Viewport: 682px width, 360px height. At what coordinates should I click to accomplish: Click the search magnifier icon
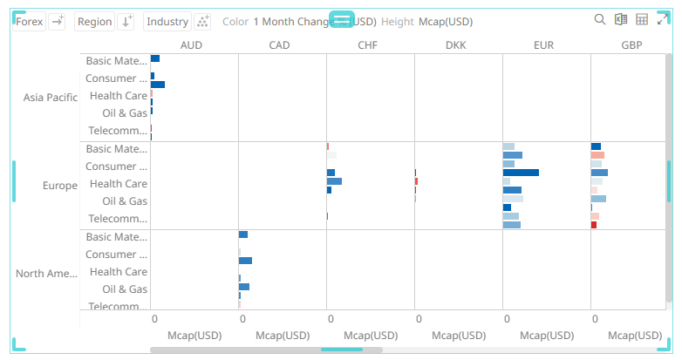pos(600,20)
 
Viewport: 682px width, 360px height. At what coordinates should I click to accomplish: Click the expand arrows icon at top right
pos(663,20)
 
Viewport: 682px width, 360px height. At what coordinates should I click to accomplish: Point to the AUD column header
pos(193,44)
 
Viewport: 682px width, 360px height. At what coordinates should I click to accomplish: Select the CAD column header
pos(280,44)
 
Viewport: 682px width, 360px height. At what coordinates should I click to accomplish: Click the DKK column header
pos(456,44)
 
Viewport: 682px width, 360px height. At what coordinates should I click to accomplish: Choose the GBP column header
pos(632,44)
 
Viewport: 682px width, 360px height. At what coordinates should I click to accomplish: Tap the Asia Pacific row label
pos(51,97)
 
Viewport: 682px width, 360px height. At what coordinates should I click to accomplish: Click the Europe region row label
pos(60,185)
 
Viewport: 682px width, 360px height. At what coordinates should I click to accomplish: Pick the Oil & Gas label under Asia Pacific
pos(125,113)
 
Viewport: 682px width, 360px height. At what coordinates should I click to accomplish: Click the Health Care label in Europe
pos(118,184)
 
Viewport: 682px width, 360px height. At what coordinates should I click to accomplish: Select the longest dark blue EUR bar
pos(521,173)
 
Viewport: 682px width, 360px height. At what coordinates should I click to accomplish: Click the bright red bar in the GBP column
pos(594,225)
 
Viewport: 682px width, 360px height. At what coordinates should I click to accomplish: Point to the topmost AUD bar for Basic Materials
pos(155,58)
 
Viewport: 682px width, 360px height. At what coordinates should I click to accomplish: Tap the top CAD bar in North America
pos(243,234)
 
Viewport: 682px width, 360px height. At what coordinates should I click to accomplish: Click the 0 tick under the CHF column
pos(331,318)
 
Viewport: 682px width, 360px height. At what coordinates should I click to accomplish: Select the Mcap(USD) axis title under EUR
pos(547,335)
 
